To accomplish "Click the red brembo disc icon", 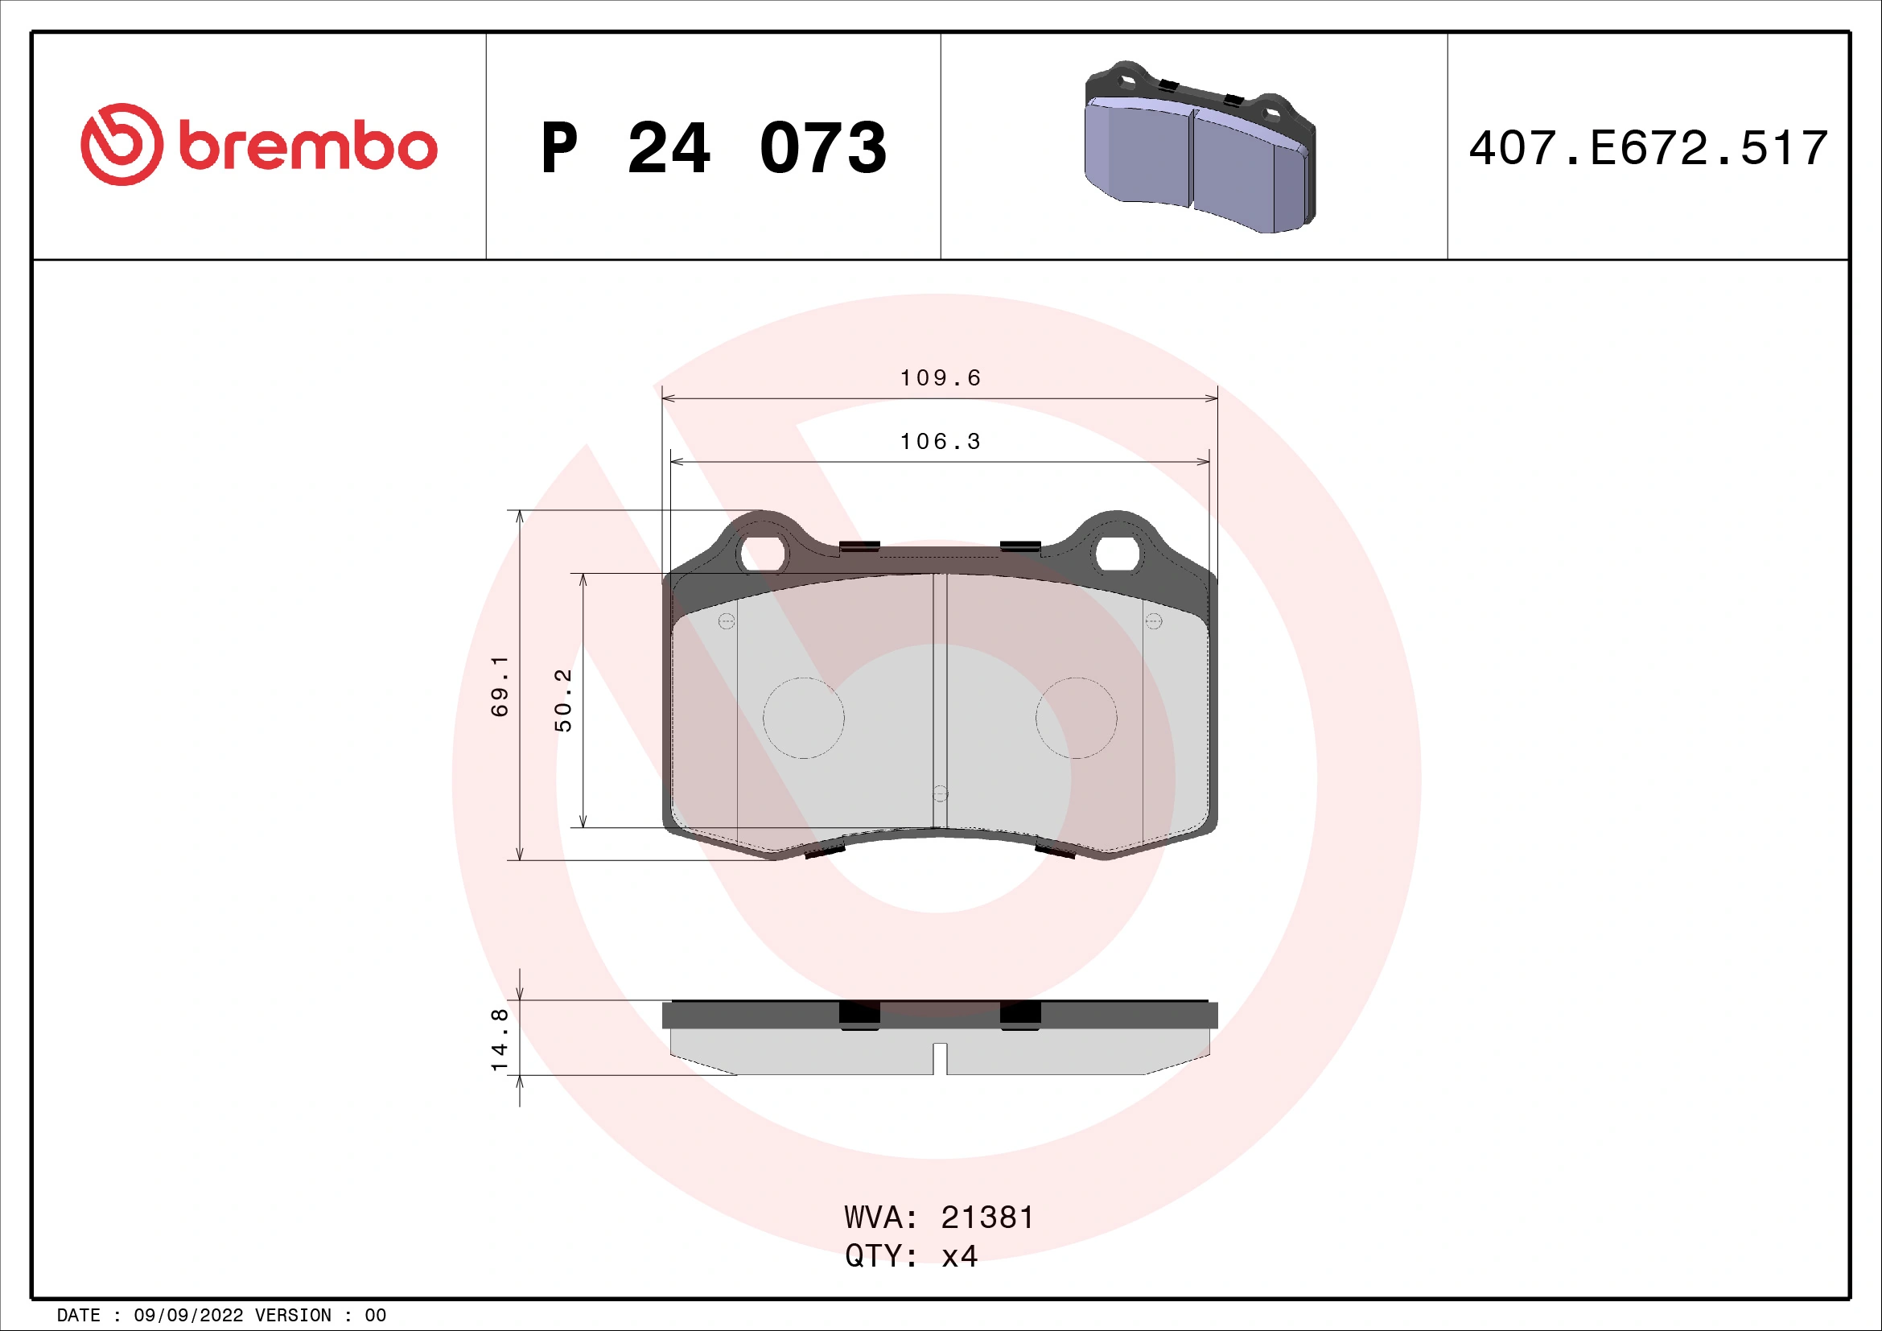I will coord(121,144).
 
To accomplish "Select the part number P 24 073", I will coord(713,148).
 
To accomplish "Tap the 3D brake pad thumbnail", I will coord(1199,147).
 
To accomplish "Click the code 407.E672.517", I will coord(1648,148).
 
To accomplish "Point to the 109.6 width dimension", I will coord(940,378).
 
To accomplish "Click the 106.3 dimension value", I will coord(940,442).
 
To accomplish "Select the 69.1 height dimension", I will coord(499,686).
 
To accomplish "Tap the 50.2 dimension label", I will coord(563,700).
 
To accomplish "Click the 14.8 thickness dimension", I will coord(499,1040).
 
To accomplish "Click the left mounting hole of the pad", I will coord(762,554).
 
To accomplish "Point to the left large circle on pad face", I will coord(803,718).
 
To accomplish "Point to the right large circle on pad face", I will coord(1077,718).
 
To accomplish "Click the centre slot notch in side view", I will coord(940,1058).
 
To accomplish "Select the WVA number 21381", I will coord(988,1218).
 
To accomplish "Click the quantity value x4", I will coord(959,1256).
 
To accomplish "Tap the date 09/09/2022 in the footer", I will coord(188,1316).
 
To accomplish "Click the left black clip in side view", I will coord(859,1015).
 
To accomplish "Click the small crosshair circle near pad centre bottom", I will coord(940,793).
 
